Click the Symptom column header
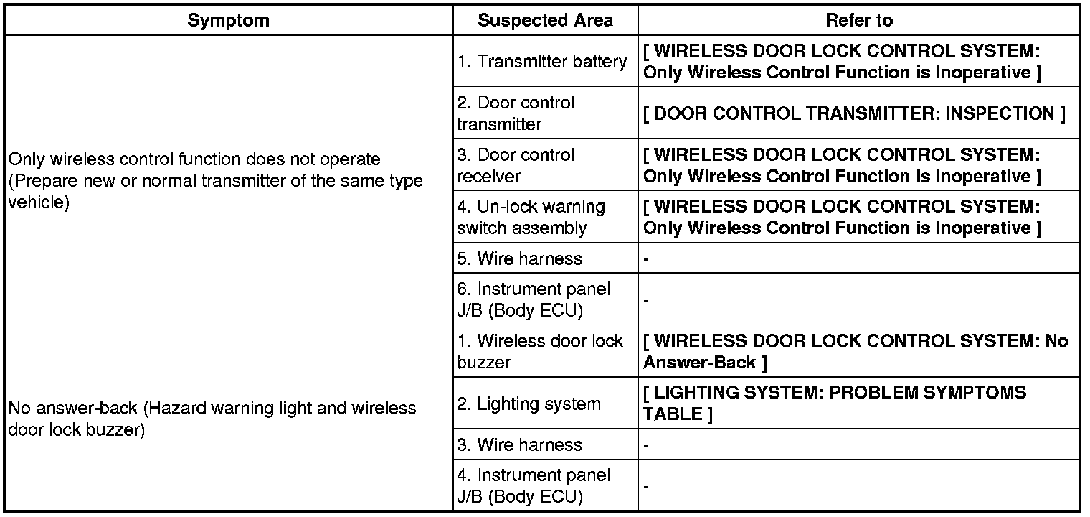point(228,20)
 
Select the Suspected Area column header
point(545,20)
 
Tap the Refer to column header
point(858,20)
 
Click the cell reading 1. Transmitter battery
point(541,62)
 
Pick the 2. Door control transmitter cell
point(516,113)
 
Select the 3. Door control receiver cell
point(516,165)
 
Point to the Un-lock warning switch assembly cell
point(531,218)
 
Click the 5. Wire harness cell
point(519,258)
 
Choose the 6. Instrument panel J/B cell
point(534,299)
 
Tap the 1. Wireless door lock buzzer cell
point(540,351)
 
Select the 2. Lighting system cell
point(529,404)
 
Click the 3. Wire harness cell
point(519,444)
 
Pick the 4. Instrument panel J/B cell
point(534,485)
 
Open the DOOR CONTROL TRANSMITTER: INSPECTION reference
point(853,113)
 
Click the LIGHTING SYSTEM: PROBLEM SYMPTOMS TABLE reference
point(835,404)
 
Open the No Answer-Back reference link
point(855,351)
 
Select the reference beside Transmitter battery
point(842,62)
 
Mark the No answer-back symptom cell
point(212,419)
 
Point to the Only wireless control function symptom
point(215,180)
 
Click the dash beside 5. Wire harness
point(646,259)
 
